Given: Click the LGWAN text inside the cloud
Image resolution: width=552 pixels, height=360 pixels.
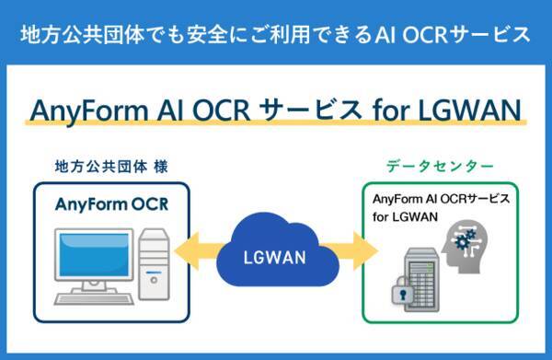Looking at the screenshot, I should pos(276,257).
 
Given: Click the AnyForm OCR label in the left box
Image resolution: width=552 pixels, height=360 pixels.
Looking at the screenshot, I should pos(111,204).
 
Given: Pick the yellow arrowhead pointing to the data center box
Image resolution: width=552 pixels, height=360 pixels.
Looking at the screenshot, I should pos(369,249).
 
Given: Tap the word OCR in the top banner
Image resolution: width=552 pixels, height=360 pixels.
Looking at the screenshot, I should pos(424,35).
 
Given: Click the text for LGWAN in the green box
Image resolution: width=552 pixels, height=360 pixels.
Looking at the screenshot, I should pos(405,216).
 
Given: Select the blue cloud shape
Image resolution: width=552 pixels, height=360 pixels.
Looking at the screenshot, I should pos(276,249).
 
